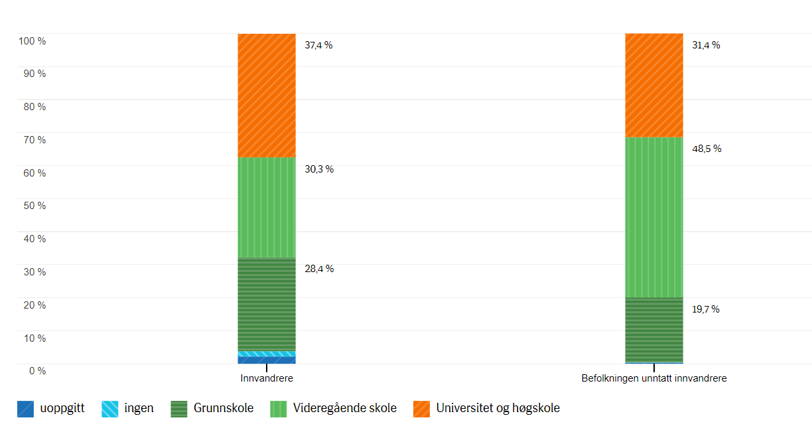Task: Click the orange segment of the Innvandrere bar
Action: point(267,96)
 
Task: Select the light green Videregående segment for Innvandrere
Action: point(267,207)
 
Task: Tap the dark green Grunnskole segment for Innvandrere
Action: point(267,304)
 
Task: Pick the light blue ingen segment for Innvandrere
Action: point(267,354)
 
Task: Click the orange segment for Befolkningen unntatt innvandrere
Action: point(654,85)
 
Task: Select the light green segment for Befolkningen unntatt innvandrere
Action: point(654,217)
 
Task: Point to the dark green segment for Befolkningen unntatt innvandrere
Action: point(654,330)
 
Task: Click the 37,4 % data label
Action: point(318,45)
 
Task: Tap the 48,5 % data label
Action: point(707,149)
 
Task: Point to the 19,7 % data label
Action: point(706,309)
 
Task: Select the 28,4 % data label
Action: point(318,269)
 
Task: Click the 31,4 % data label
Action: point(706,45)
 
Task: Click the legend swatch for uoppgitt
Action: point(26,409)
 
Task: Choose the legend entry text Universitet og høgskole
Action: point(498,408)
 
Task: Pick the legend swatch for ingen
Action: point(110,409)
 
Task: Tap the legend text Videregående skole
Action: point(345,408)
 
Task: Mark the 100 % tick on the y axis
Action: point(33,41)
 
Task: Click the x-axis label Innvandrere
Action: point(267,378)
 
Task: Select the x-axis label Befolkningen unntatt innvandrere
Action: point(654,378)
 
